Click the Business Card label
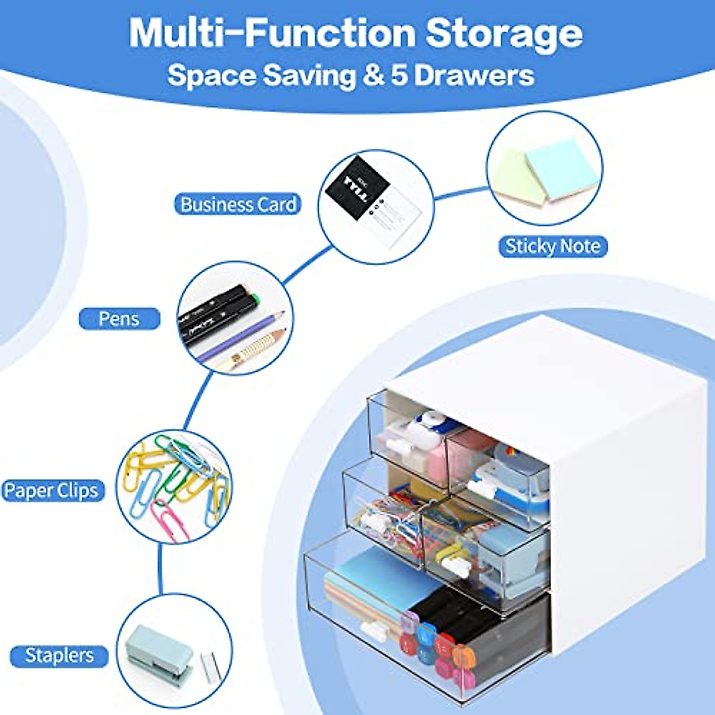point(238,204)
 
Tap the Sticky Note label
point(552,246)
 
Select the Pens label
point(119,318)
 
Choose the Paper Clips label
point(51,491)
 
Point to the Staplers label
point(60,655)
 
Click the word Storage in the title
point(503,34)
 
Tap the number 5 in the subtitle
point(399,76)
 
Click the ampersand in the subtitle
point(373,76)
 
